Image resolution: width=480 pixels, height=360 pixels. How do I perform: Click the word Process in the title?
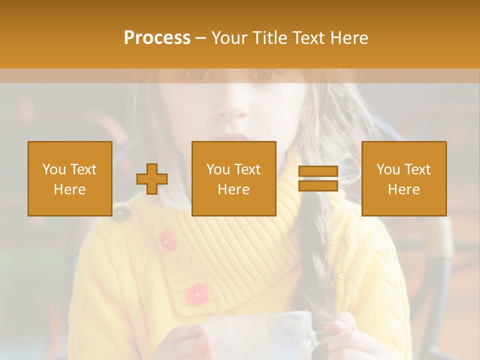point(157,38)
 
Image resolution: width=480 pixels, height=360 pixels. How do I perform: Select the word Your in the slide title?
point(230,38)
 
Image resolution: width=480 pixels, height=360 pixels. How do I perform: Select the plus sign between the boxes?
point(152,179)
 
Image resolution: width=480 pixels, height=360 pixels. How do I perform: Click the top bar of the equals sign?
point(318,171)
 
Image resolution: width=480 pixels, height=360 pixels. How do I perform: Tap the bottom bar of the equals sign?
point(318,186)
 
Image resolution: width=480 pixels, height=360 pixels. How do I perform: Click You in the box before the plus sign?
point(54,169)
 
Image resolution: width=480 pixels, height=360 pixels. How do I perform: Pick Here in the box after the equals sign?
point(403,189)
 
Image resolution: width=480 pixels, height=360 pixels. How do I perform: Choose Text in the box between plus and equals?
point(248,169)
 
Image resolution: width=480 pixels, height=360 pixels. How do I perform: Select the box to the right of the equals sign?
point(403,178)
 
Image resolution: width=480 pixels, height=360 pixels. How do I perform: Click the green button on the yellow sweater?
point(119,213)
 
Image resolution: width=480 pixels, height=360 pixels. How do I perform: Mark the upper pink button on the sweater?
point(167,240)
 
